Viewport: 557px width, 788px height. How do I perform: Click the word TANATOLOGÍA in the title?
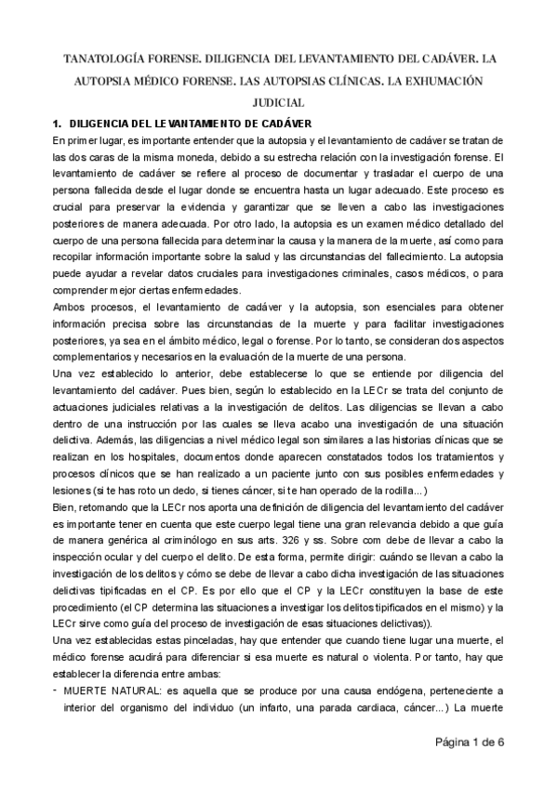tap(106, 58)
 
